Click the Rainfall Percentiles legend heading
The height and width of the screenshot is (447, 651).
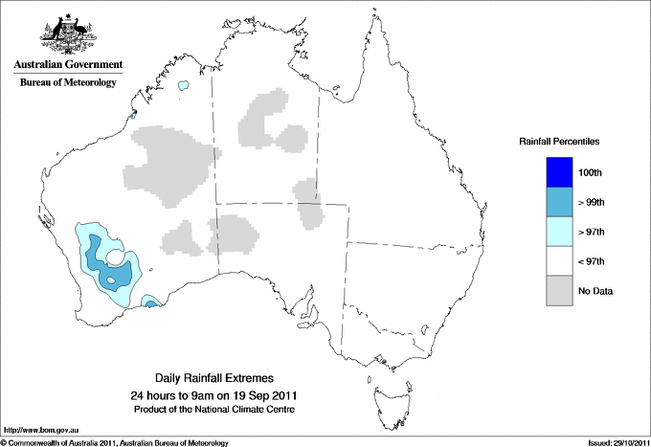click(x=559, y=142)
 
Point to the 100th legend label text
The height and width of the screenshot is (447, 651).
click(x=591, y=172)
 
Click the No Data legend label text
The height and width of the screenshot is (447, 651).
click(x=595, y=291)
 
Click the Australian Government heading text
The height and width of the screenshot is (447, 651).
click(x=67, y=65)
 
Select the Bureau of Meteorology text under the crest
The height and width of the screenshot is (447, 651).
click(x=67, y=83)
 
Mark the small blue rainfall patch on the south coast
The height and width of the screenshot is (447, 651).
click(x=150, y=302)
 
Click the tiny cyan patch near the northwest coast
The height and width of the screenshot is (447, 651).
click(x=183, y=85)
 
